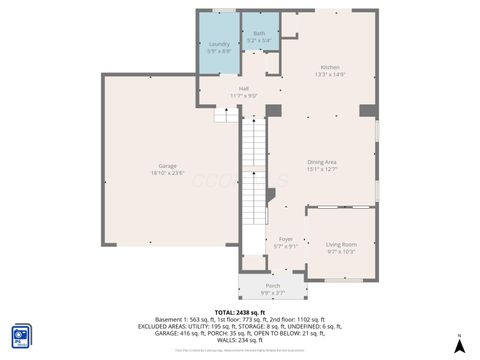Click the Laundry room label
pos(218,44)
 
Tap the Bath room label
pos(259,34)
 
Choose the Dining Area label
pos(321,162)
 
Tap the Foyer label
pos(286,239)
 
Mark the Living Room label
pos(341,244)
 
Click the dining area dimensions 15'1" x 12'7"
pos(321,169)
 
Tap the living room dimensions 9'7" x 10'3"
pos(341,251)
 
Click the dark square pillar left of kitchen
pos(274,109)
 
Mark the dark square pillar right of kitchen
pos(368,109)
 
